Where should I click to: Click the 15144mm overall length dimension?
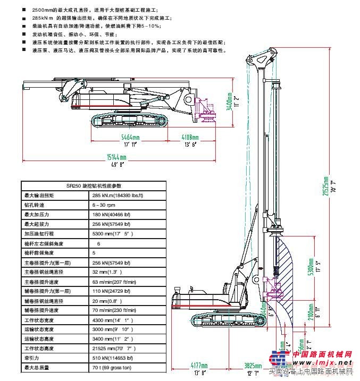[x=116, y=157]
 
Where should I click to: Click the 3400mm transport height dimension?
[x=229, y=101]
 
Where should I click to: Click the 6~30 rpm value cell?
[x=104, y=205]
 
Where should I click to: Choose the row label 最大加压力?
[x=36, y=214]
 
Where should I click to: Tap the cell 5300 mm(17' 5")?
[x=112, y=233]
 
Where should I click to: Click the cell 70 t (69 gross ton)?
[x=112, y=367]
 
